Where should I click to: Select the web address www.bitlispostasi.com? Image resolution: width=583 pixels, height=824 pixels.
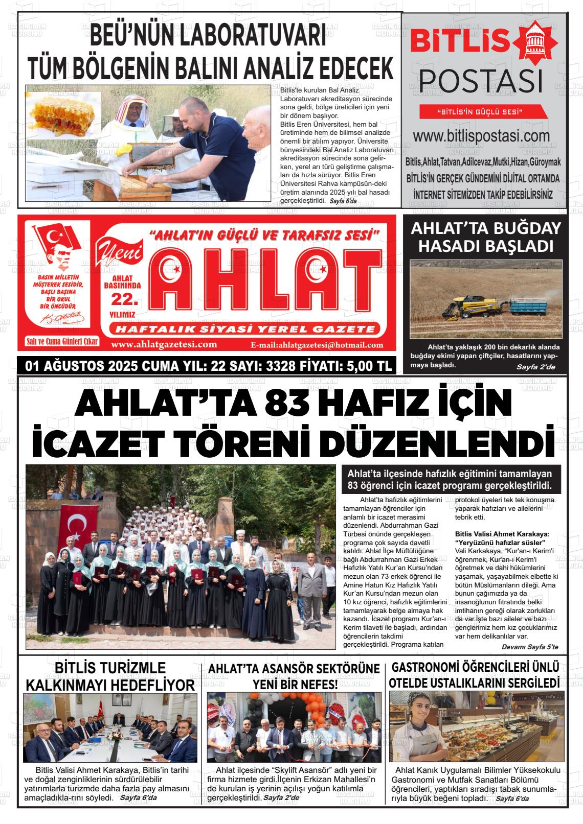(x=481, y=136)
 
